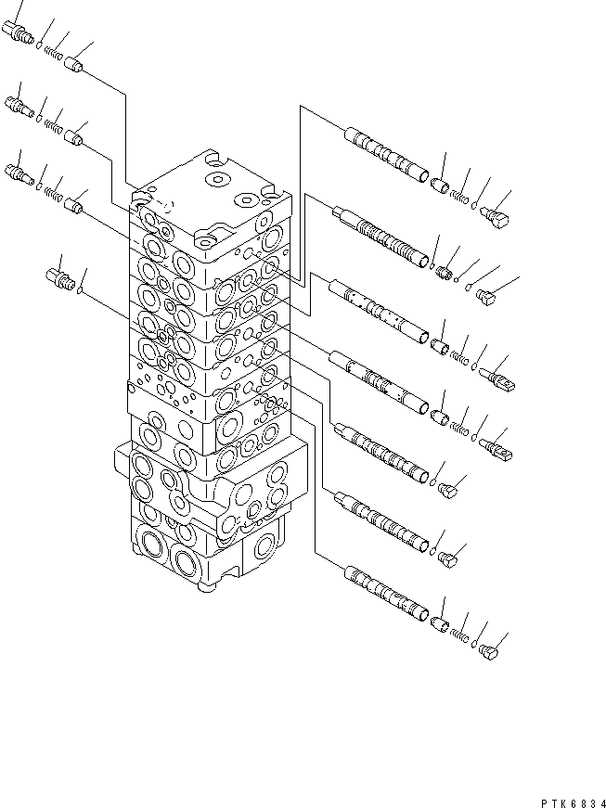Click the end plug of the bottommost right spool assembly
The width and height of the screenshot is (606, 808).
489,655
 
